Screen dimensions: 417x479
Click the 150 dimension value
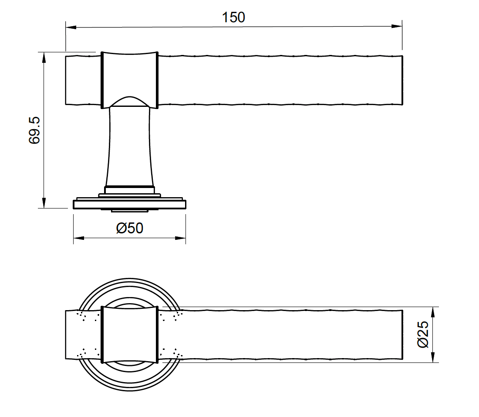(x=233, y=17)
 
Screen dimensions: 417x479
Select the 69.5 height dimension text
(x=34, y=130)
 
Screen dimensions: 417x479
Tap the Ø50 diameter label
(x=129, y=228)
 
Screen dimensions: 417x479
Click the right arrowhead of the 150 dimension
(x=397, y=27)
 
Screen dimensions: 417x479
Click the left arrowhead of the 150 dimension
(x=71, y=27)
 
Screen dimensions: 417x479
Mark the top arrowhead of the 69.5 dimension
(x=44, y=57)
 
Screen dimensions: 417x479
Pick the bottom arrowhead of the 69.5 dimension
(x=44, y=203)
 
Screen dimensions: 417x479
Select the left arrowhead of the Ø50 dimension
(x=78, y=238)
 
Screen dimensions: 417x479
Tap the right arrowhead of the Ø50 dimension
(x=181, y=238)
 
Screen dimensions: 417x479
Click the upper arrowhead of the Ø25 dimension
(x=433, y=312)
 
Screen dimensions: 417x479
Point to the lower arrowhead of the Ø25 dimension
(x=433, y=357)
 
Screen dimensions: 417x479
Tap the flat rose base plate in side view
(x=129, y=204)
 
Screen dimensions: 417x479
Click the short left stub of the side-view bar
(x=83, y=80)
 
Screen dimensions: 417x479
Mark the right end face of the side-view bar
(x=401, y=80)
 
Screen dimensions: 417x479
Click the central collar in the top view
(x=129, y=335)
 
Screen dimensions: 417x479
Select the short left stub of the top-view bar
(x=83, y=335)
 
